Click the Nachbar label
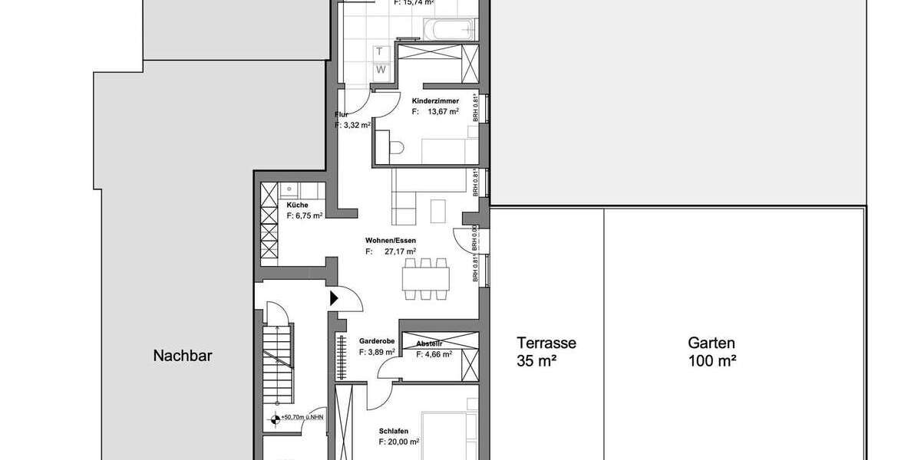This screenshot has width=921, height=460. [182, 356]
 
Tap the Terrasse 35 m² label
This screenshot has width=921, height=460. [546, 351]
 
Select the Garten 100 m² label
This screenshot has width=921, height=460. [711, 351]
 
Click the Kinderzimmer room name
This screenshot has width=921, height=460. [435, 101]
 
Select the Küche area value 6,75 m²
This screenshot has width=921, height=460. [305, 216]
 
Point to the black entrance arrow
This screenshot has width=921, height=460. [335, 298]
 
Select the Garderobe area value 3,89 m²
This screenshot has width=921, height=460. [377, 352]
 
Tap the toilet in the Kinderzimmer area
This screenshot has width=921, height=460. [394, 149]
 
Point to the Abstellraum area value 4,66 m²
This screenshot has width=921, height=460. [434, 354]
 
